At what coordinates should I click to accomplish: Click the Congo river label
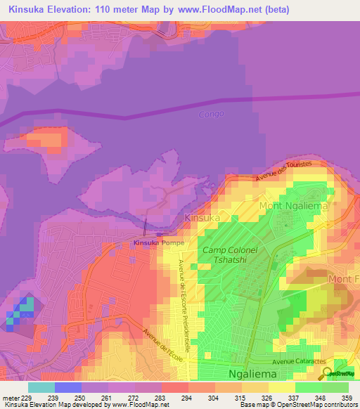pos(211,114)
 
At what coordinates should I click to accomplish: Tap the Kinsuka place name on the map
pos(202,219)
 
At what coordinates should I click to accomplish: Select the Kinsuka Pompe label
pos(159,243)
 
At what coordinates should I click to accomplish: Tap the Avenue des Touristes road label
pos(283,174)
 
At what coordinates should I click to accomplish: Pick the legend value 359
pos(347,397)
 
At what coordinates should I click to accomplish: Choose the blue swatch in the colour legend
pos(67,387)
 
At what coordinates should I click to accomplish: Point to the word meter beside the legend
pos(11,397)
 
